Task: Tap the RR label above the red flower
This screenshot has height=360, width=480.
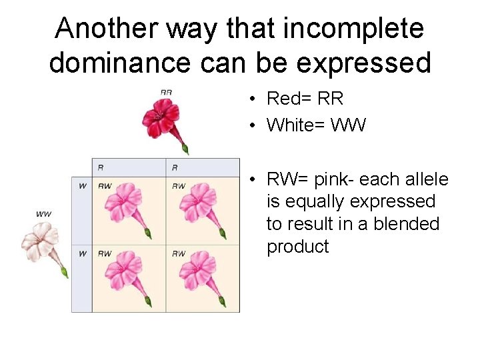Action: (166, 91)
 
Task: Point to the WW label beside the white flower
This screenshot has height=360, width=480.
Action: (44, 213)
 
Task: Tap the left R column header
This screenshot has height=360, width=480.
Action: (100, 167)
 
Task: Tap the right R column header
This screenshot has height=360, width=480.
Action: (175, 167)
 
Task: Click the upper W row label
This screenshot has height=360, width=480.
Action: (82, 185)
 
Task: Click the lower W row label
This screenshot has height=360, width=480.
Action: (82, 253)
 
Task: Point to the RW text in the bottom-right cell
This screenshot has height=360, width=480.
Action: (179, 253)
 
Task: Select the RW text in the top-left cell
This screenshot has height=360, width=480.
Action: (105, 185)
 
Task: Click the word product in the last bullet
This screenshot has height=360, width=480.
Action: (298, 247)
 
